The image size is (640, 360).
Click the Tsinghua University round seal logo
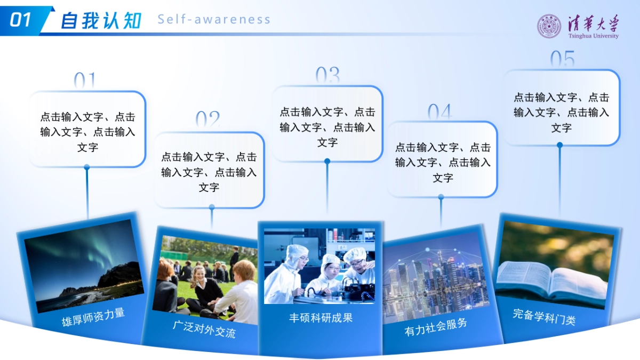coord(549,26)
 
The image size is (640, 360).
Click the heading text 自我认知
coord(101,20)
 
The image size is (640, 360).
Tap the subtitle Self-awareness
coord(214,20)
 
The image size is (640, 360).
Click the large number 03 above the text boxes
coord(327,76)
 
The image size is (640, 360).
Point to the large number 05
coord(562,59)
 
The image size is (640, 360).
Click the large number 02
coord(207,120)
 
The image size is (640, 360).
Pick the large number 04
coord(440,112)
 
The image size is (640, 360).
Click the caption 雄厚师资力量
coord(94,317)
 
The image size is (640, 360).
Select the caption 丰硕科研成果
coord(321,318)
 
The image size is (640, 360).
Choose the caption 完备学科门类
coord(544,317)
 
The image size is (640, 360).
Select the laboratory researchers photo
coord(319,266)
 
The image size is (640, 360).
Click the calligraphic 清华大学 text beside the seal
coord(593,23)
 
